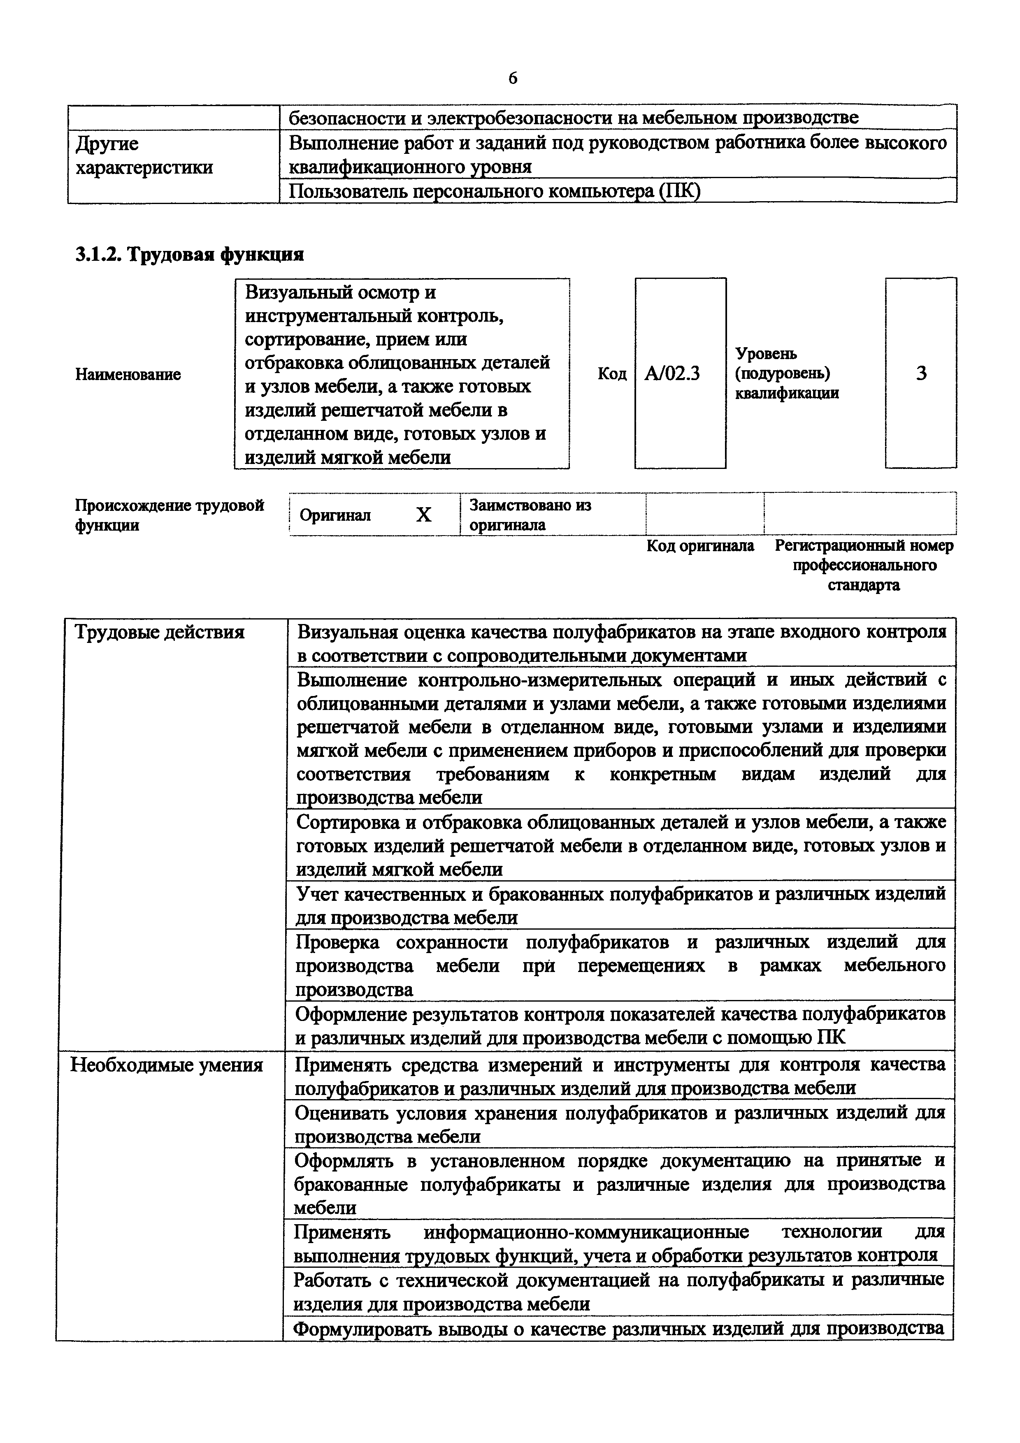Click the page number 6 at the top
(513, 79)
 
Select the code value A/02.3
(672, 374)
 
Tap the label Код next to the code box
(611, 374)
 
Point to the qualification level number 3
(921, 374)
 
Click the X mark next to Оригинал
(424, 515)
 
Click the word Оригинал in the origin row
(335, 515)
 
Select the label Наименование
(128, 375)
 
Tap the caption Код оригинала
(700, 545)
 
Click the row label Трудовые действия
(160, 632)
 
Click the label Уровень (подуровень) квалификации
(786, 374)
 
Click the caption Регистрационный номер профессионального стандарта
(864, 565)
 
